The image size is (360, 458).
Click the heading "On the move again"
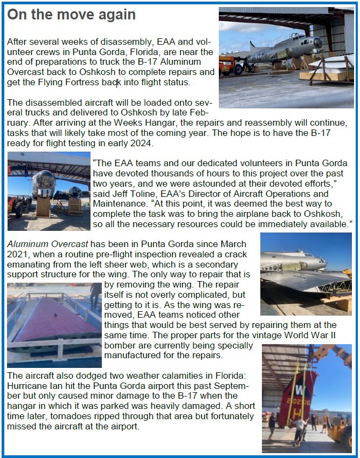[x=71, y=15]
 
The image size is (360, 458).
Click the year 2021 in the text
[x=18, y=254]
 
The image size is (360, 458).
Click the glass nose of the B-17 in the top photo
[x=317, y=42]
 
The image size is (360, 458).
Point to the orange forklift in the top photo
[x=227, y=64]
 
